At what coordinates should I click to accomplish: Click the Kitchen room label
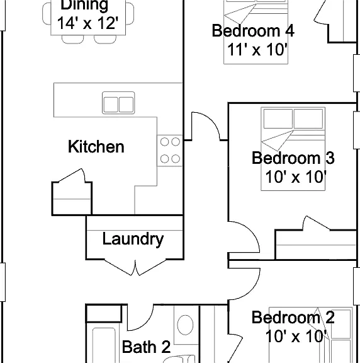96,147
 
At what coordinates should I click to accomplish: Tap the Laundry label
133,239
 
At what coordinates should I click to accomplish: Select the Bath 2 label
146,347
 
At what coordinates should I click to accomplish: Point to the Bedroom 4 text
253,30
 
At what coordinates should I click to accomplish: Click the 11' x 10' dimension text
257,49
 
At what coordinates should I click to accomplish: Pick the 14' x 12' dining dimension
87,23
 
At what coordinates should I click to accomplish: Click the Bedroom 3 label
293,158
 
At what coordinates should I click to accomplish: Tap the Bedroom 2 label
293,318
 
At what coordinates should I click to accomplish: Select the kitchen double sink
118,103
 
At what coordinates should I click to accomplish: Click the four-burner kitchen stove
170,151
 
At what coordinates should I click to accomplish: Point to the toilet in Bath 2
185,325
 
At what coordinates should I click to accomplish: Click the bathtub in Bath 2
103,345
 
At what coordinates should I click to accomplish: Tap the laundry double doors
135,267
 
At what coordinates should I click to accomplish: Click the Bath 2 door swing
148,322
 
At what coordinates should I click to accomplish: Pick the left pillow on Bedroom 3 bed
278,118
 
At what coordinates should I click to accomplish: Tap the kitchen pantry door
72,175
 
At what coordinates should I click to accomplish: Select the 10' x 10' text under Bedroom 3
296,177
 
